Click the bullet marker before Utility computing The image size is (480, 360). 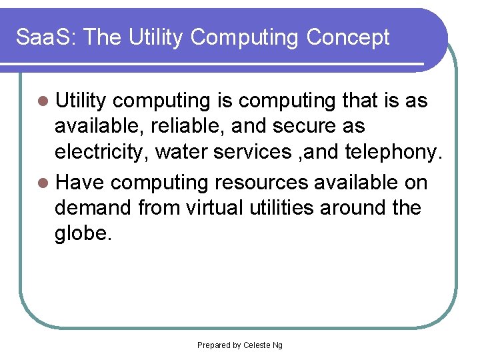[x=44, y=101]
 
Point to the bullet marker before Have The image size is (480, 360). [x=44, y=183]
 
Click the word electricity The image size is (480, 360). [x=101, y=153]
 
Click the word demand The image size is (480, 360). [x=93, y=208]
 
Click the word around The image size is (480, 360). [x=353, y=208]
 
